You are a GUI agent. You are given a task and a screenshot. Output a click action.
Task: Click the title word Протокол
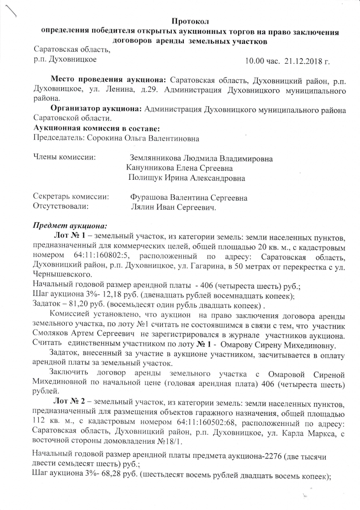tap(191, 20)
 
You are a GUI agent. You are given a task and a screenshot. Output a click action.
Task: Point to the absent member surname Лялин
tap(141, 207)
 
